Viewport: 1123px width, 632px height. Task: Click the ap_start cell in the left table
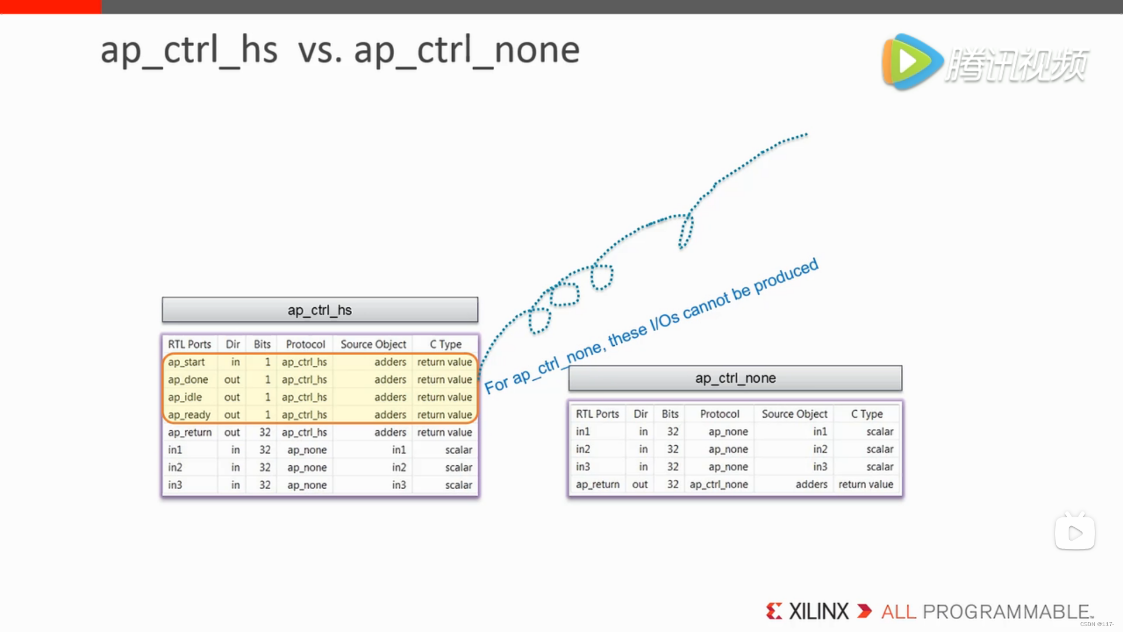tap(186, 362)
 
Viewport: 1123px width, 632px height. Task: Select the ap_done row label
tap(188, 380)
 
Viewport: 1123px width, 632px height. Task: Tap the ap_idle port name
tap(185, 397)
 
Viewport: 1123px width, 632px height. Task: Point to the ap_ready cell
tap(189, 415)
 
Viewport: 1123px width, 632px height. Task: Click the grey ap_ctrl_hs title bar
tap(320, 310)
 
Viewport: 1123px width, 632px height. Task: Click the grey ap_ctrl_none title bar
tap(735, 378)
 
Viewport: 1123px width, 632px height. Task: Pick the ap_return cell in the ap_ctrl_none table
tap(597, 485)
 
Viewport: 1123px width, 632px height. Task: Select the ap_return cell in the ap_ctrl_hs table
tap(190, 432)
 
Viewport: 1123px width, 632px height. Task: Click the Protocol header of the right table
tap(719, 414)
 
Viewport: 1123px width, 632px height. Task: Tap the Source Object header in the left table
tap(373, 344)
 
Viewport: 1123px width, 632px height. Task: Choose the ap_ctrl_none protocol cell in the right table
tap(719, 485)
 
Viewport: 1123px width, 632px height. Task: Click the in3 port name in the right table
tap(583, 467)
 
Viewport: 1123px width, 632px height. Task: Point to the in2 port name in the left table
tap(175, 468)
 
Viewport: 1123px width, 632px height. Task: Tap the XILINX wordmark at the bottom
tap(818, 612)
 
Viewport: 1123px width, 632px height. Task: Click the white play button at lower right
tap(1075, 533)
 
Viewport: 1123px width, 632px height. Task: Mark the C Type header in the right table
tap(867, 414)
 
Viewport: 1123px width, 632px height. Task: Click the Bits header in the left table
tap(262, 344)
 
